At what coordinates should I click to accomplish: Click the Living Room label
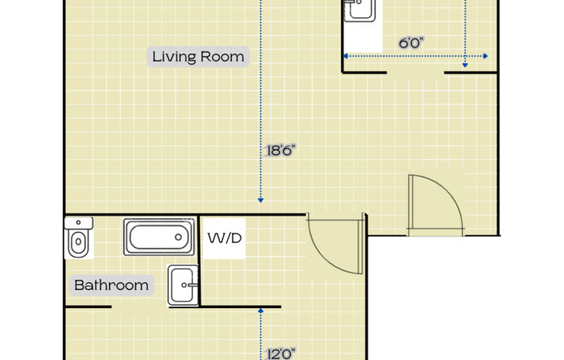click(198, 57)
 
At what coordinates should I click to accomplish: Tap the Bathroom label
click(111, 285)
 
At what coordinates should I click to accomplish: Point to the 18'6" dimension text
click(281, 151)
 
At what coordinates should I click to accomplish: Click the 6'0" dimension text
click(411, 42)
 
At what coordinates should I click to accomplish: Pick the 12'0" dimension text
click(281, 352)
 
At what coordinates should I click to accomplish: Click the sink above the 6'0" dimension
click(359, 10)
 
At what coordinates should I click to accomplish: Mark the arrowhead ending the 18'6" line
click(260, 200)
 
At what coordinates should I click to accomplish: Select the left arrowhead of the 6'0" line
click(346, 56)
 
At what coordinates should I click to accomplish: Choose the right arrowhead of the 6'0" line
click(485, 56)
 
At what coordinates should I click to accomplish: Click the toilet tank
click(78, 222)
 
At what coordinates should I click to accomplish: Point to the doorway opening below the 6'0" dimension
click(415, 74)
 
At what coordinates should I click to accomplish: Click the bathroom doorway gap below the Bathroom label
click(140, 306)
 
